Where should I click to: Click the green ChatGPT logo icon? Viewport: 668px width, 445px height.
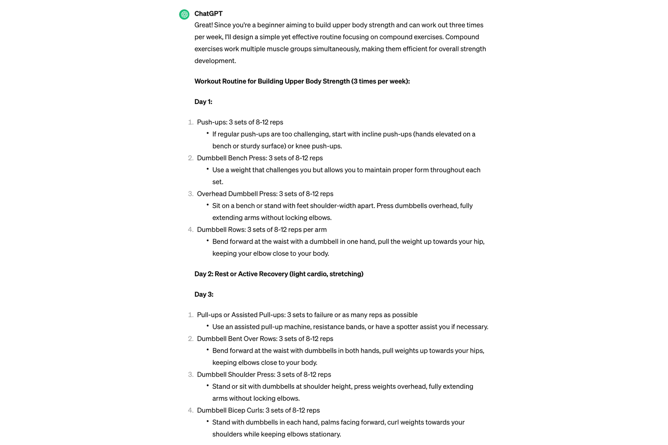click(184, 15)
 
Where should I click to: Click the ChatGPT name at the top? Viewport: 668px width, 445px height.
click(208, 13)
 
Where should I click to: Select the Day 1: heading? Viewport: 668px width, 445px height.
click(203, 102)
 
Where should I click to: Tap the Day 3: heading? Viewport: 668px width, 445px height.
click(204, 294)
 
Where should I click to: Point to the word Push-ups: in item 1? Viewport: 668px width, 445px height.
click(212, 122)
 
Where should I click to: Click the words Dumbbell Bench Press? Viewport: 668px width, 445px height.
click(232, 158)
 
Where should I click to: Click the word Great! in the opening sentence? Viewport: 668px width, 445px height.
click(203, 25)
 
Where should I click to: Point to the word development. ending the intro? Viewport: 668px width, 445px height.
click(215, 61)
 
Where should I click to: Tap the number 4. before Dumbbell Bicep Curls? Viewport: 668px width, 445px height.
click(190, 410)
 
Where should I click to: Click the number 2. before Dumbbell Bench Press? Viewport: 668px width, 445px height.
click(190, 158)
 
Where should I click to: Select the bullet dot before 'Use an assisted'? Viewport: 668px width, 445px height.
click(207, 326)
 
